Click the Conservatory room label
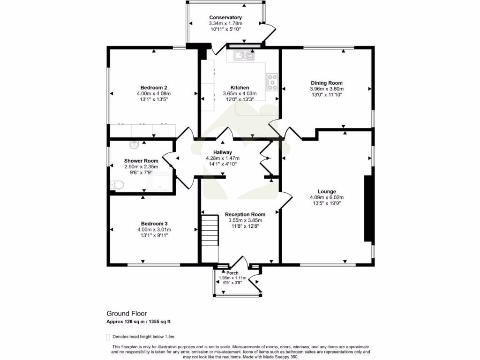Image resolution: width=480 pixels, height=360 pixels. coord(225,18)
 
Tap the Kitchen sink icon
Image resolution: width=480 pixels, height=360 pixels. coord(244,55)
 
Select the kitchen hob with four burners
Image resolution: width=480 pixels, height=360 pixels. coord(272,82)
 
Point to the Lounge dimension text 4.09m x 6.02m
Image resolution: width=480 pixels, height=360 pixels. coord(326,197)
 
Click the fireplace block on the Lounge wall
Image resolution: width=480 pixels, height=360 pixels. coord(368,209)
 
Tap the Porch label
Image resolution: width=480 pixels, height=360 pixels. coord(232,273)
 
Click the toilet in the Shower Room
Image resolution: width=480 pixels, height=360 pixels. coord(117,185)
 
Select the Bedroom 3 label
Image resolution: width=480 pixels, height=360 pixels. coord(154,224)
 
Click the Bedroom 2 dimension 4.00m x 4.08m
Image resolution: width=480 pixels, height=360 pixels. coord(154,94)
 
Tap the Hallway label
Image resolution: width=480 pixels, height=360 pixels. coord(223,152)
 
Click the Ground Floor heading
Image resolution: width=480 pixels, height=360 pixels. coord(127,314)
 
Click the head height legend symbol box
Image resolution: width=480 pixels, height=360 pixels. coord(108,337)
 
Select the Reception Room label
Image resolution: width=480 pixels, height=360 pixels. coord(245,214)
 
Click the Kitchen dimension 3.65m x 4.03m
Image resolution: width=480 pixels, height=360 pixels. coord(240,94)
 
